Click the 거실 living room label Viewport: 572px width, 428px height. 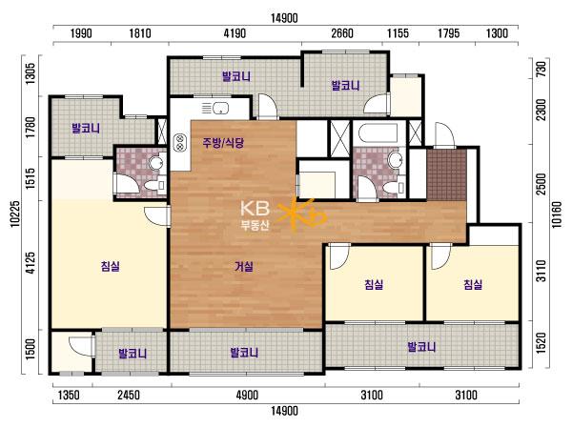(244, 267)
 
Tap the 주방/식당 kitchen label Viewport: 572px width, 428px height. (223, 143)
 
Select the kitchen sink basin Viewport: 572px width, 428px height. (221, 108)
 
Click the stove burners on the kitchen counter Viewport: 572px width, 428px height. (179, 142)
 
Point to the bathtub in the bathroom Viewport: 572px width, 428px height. (378, 133)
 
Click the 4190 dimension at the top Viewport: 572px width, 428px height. (235, 33)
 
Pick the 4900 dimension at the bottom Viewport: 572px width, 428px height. (247, 395)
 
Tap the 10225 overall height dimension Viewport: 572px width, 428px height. (15, 214)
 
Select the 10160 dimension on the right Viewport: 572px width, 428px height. (557, 214)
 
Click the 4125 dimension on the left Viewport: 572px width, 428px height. (31, 262)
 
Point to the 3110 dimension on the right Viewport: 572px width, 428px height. (542, 271)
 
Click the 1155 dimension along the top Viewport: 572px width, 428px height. (398, 33)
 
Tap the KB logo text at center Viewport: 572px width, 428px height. (255, 209)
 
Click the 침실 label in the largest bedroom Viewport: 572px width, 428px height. (111, 266)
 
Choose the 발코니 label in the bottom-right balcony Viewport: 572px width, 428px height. (421, 346)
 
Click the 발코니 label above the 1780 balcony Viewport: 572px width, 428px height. (86, 128)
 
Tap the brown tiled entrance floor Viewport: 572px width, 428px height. (446, 174)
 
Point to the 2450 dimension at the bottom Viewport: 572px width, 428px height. (129, 395)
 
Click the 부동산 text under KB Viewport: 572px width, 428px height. (255, 225)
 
